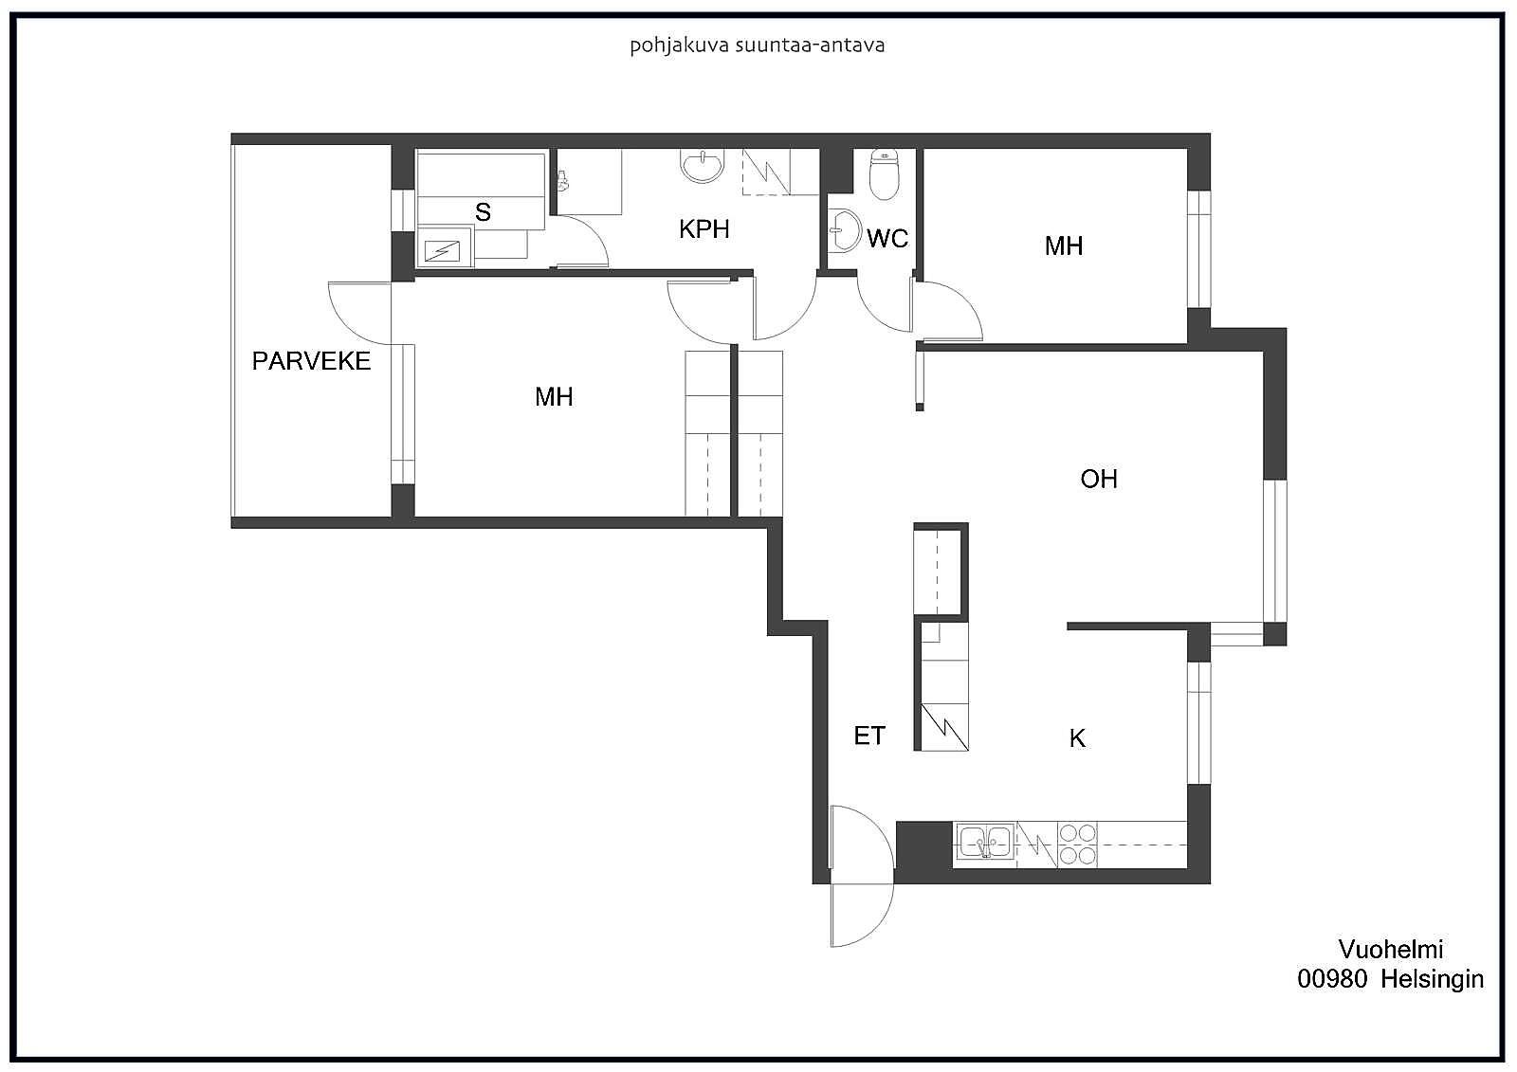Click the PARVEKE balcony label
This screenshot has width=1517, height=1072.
tap(312, 361)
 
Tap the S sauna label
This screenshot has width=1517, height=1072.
tap(483, 212)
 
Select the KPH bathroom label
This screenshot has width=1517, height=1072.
tap(704, 229)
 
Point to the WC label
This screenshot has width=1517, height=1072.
tap(887, 238)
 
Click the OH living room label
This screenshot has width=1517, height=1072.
tap(1099, 480)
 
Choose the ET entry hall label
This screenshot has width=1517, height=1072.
tap(868, 736)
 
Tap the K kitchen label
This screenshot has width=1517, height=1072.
tap(1077, 738)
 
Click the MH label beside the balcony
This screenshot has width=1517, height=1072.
tap(554, 397)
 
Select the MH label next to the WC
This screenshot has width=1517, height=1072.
tap(1064, 245)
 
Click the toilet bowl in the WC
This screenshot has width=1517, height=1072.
tap(883, 174)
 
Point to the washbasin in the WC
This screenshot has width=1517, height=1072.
tap(844, 230)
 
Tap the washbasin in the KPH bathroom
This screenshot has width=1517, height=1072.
tap(703, 166)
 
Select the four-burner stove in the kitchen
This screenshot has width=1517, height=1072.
tap(1077, 845)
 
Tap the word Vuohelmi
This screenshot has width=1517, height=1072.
tap(1390, 950)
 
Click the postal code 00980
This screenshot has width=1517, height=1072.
tap(1332, 979)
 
